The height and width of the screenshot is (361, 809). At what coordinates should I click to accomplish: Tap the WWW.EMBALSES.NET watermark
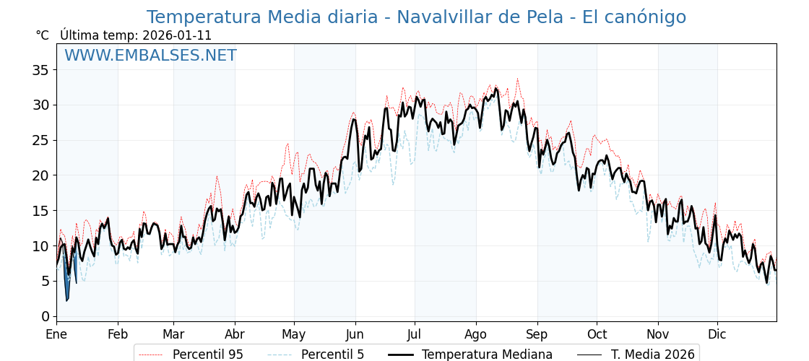click(x=150, y=56)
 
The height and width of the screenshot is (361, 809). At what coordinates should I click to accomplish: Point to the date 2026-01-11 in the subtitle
click(x=177, y=35)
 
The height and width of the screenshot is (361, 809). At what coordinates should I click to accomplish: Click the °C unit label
click(x=42, y=35)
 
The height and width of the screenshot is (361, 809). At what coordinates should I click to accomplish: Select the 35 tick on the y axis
click(x=40, y=70)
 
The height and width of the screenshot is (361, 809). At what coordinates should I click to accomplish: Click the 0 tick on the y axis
click(x=45, y=316)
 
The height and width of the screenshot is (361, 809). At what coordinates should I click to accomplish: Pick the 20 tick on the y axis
click(x=40, y=175)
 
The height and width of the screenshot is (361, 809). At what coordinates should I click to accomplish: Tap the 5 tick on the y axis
click(x=45, y=281)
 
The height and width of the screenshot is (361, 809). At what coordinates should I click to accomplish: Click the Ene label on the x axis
click(x=56, y=335)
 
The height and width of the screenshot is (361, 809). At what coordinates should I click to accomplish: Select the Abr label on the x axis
click(x=235, y=335)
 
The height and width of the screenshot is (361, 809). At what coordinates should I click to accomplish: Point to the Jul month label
click(x=415, y=335)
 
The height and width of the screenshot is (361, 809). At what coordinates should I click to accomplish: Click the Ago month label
click(x=476, y=335)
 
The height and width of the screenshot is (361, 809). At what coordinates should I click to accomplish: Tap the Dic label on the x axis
click(x=717, y=335)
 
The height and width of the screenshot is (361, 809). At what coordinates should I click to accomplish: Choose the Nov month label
click(x=658, y=335)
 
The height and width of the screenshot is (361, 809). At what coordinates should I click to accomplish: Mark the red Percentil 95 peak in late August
click(x=517, y=79)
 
